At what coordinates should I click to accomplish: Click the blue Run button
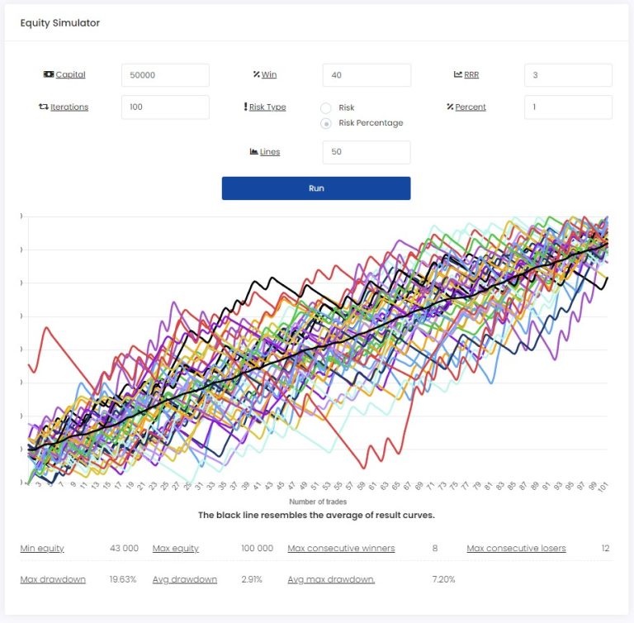pos(316,188)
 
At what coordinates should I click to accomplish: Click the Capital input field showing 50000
pos(165,75)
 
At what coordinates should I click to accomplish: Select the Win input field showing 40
pos(367,75)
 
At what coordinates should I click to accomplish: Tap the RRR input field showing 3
pos(568,75)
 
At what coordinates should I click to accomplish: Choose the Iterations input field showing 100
pos(165,107)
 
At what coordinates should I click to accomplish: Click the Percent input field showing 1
pos(568,107)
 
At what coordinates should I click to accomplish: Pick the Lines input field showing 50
pos(367,152)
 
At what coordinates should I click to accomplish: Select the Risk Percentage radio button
pos(326,123)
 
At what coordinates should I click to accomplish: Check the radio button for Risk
pos(326,108)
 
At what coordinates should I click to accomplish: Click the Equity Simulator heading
pos(60,23)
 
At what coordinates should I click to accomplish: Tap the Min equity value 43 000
pos(124,549)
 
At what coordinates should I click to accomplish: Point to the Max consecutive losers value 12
pos(605,549)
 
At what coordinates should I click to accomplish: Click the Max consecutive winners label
pos(341,549)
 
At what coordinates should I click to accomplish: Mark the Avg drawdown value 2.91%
pos(252,579)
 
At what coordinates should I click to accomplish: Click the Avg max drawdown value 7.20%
pos(442,579)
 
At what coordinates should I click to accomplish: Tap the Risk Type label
pos(267,107)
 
